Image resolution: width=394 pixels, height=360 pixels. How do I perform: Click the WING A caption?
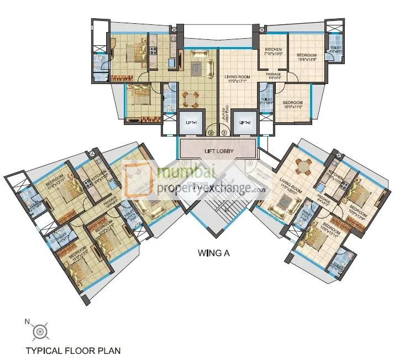214,254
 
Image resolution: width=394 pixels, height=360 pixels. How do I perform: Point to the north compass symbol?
39,331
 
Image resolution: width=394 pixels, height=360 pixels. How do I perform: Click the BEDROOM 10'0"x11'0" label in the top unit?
293,105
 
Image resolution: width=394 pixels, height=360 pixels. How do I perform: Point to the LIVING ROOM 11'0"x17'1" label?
238,79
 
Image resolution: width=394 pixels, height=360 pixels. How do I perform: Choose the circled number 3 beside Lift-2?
224,133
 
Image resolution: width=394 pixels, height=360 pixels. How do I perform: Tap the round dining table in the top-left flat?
190,99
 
